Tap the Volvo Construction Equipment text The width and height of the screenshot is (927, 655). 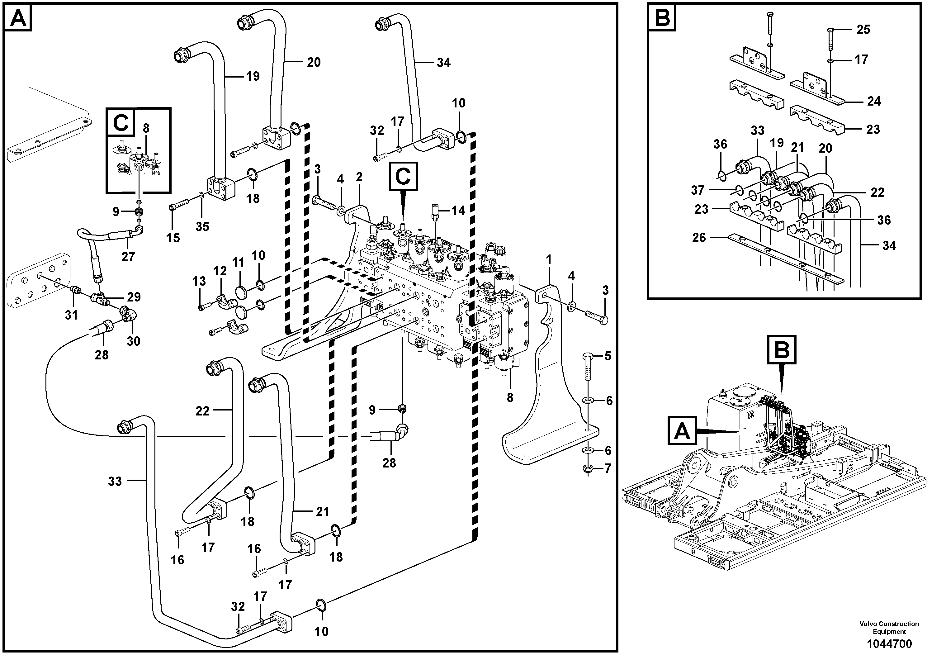click(x=889, y=628)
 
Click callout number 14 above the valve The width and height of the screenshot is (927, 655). click(x=458, y=211)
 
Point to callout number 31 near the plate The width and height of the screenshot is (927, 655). click(x=71, y=315)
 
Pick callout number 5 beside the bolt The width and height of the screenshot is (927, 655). click(x=608, y=356)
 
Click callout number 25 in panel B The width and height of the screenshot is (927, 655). click(x=863, y=30)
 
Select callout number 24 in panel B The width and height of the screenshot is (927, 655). click(x=874, y=101)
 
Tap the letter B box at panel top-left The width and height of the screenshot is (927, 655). click(x=662, y=17)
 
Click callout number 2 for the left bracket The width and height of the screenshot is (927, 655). click(x=359, y=177)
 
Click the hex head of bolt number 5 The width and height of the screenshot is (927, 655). click(x=588, y=357)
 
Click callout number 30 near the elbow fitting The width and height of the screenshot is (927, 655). click(x=133, y=341)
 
